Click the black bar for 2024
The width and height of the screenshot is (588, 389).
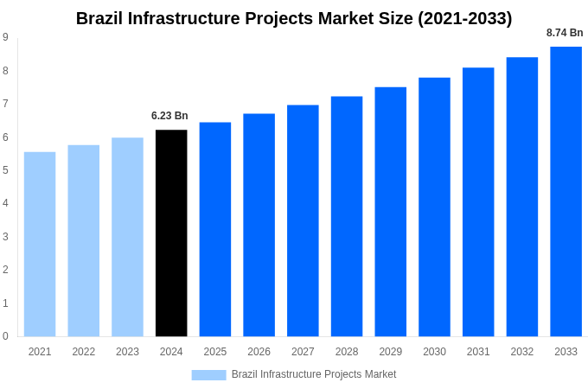coord(171,233)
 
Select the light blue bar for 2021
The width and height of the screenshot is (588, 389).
coord(40,244)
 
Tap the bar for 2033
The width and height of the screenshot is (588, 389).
coord(566,191)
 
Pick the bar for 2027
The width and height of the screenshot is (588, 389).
coord(303,220)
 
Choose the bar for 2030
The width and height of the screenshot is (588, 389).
coord(434,207)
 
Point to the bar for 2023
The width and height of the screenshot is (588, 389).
coord(127,237)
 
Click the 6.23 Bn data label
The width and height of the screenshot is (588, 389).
coord(169,116)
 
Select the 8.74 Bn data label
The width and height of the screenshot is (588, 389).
coord(565,33)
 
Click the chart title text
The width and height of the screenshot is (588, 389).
coord(294,18)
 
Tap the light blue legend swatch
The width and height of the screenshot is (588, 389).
coord(208,374)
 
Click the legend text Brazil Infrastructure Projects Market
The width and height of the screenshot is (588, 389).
coord(314,374)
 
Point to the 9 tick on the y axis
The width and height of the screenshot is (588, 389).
coord(5,37)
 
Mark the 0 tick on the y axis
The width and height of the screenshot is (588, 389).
coord(5,336)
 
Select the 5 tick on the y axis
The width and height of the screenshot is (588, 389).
coord(5,170)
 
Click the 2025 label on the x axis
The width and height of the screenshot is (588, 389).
coord(215,352)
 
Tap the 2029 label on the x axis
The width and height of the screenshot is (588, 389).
coord(390,352)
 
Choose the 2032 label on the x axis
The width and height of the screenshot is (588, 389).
coord(521,352)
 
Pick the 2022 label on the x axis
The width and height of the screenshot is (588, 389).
coord(84,352)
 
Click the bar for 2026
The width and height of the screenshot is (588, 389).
coord(259,225)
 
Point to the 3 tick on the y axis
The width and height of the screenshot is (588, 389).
coord(5,237)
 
